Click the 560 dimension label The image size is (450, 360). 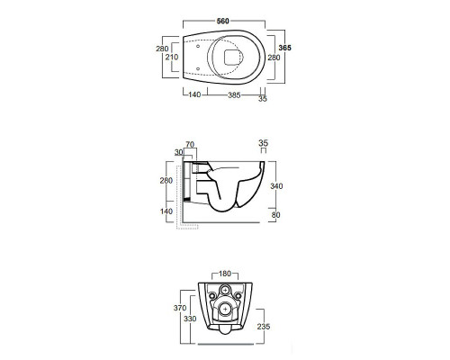(223, 21)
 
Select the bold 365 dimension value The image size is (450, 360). (284, 48)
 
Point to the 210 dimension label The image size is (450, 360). (172, 57)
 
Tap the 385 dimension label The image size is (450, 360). (234, 95)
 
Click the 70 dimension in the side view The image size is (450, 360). (190, 144)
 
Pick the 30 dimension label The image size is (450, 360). (179, 152)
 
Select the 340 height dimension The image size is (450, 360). (276, 186)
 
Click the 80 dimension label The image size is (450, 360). (275, 215)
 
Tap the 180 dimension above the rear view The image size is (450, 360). (225, 274)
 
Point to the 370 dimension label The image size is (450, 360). (180, 308)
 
